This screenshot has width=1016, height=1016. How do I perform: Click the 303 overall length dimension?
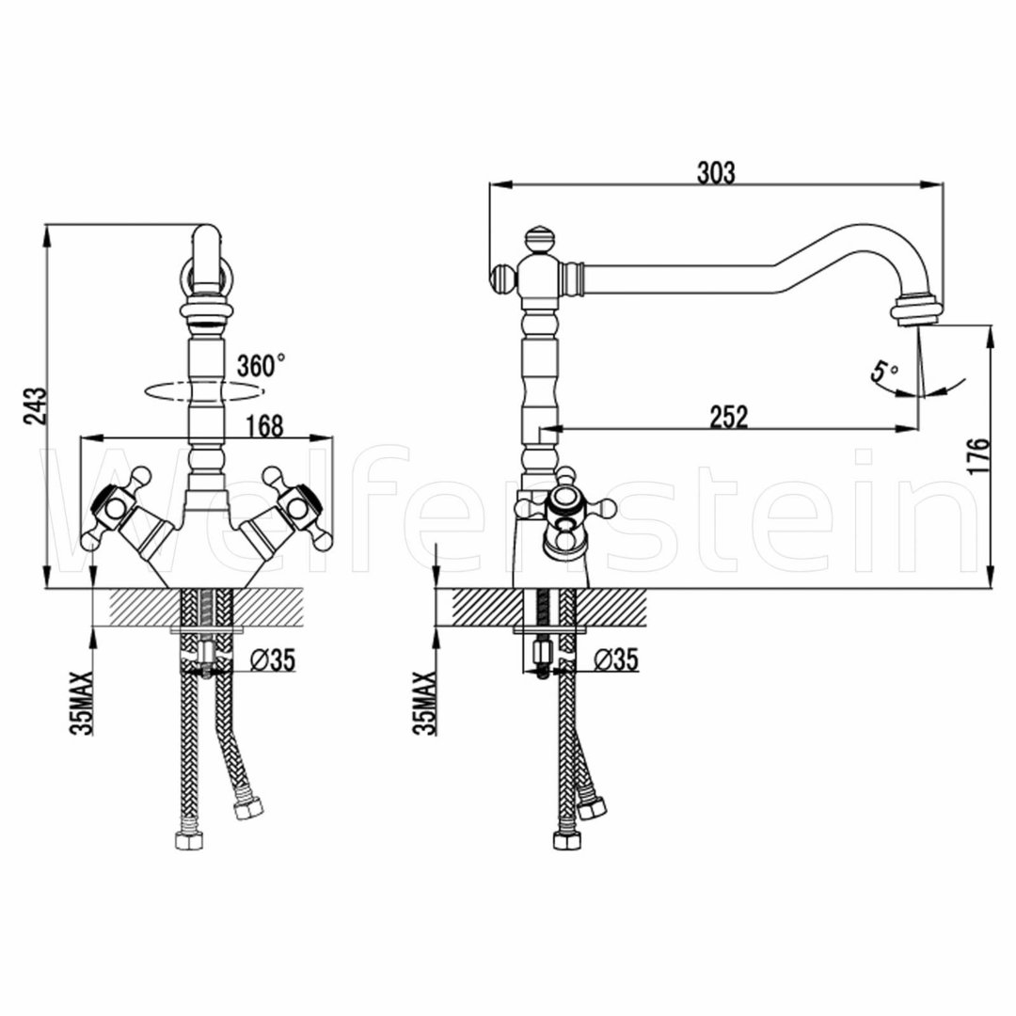[x=716, y=173]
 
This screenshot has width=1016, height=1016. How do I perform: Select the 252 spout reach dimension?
[x=729, y=417]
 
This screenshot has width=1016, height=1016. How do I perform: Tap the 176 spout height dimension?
[x=979, y=456]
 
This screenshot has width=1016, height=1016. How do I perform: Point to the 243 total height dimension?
[x=35, y=405]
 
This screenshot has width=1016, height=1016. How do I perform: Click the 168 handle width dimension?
[x=265, y=426]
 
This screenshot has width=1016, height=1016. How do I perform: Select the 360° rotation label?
[x=261, y=365]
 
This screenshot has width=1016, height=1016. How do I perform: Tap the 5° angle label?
[x=884, y=373]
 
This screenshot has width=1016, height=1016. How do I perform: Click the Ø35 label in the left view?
[x=273, y=660]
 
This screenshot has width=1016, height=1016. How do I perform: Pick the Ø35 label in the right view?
[x=616, y=660]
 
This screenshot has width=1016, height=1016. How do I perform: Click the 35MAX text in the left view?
[x=82, y=703]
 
